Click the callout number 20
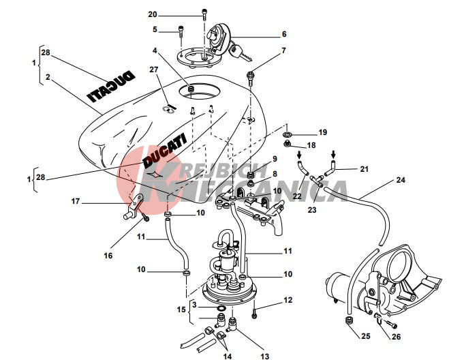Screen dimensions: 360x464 tap(153, 14)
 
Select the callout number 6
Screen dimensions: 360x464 tap(284, 33)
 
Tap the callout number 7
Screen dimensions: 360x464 tap(284, 50)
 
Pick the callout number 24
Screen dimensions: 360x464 tap(401, 181)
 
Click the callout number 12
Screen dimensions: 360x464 tap(288, 299)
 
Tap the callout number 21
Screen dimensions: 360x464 tap(363, 168)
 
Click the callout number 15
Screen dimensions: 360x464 tap(181, 310)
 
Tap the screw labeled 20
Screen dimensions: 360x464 tap(204, 12)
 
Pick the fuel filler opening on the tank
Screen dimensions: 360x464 tap(194, 89)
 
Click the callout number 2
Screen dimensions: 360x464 tap(48, 78)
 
